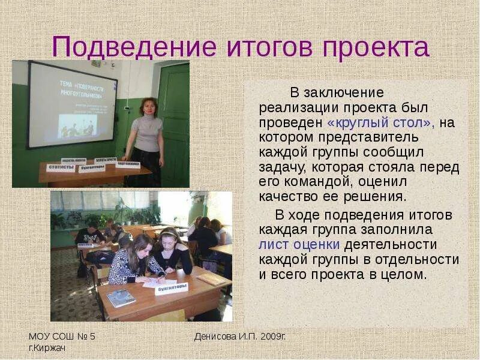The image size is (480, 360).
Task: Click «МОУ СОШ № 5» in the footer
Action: click(62, 336)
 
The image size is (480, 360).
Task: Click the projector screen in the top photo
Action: click(73, 104)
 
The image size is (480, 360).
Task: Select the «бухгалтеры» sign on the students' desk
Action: click(172, 289)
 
